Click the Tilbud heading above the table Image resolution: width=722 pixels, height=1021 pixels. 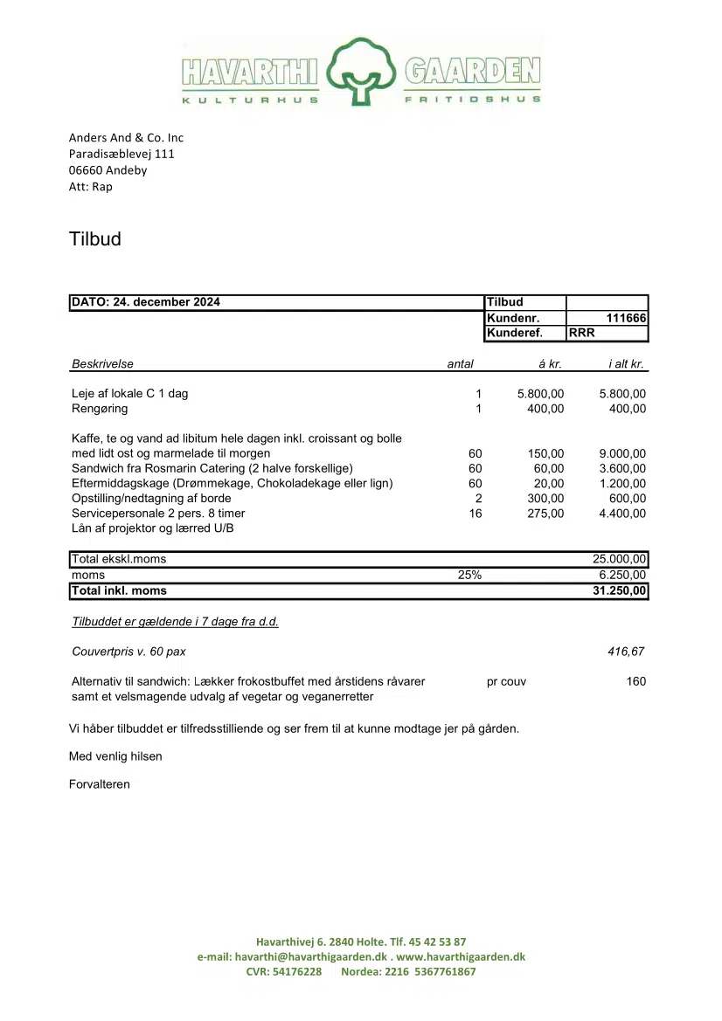coord(95,239)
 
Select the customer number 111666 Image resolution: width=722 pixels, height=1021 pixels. coord(626,318)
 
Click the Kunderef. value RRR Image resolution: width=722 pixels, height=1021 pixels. coord(582,333)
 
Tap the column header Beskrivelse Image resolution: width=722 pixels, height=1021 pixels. coord(102,364)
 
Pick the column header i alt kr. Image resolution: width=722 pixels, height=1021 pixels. coord(627,364)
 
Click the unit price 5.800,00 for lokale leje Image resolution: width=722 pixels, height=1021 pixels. coord(540,394)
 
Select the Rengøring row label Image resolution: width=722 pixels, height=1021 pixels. coord(100,409)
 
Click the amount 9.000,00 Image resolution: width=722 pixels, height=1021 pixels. coord(622,454)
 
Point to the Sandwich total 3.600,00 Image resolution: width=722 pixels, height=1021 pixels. coord(622,469)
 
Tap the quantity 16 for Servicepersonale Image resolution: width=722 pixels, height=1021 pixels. coord(476,514)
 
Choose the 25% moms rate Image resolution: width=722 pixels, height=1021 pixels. coord(469,576)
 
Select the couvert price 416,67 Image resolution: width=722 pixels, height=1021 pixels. coord(627,652)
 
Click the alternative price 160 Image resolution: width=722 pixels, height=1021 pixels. coord(636,682)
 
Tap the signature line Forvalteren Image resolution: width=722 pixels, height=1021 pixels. coord(100,784)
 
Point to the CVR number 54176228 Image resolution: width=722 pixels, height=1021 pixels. coord(296,972)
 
